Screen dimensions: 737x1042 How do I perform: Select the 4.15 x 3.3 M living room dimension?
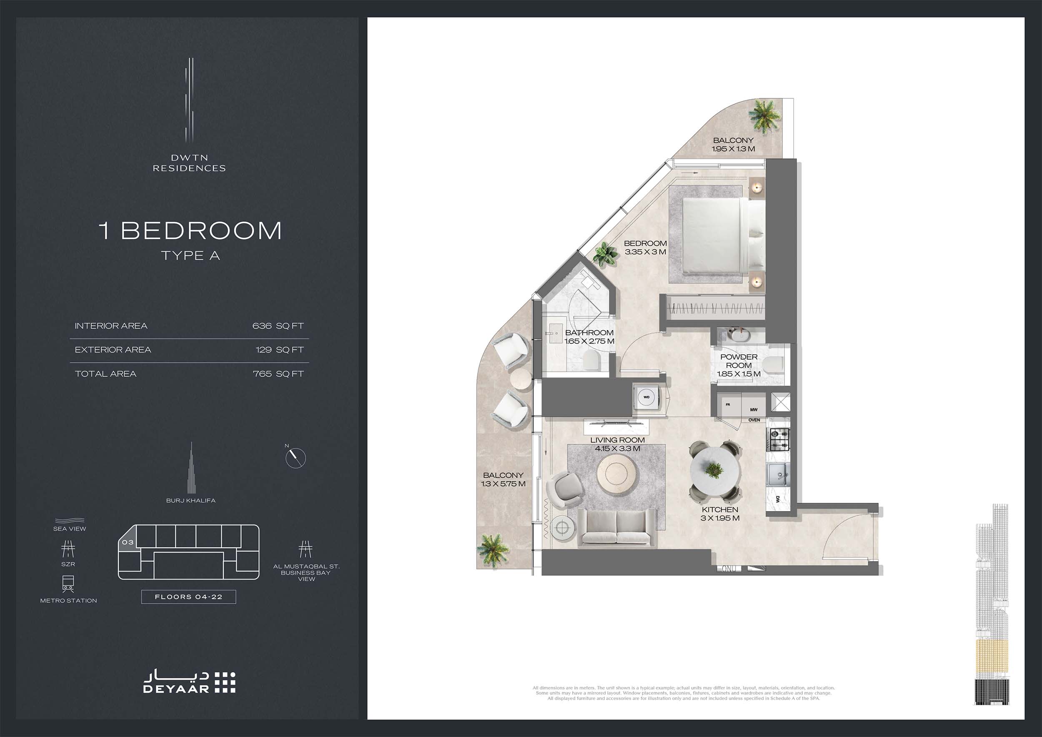617,449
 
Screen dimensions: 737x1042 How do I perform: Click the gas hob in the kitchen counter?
778,439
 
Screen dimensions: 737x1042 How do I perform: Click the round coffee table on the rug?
617,475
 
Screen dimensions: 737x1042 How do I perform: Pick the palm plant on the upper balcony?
764,116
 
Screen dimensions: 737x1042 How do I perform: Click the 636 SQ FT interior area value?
278,326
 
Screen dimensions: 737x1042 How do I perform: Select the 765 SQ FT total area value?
278,374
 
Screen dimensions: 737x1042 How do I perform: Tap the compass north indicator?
296,457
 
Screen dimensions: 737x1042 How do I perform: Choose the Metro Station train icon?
68,584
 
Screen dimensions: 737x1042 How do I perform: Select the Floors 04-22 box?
188,597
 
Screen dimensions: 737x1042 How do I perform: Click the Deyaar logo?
190,682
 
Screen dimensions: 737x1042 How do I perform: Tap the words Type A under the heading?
190,256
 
